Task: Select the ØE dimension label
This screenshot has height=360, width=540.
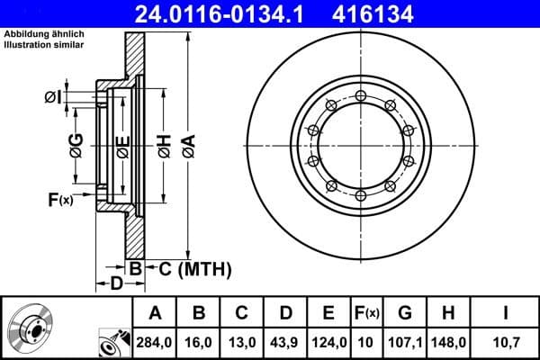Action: (x=123, y=146)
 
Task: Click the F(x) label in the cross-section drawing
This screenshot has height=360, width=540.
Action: (x=59, y=200)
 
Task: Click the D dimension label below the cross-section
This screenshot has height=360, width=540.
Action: (x=115, y=284)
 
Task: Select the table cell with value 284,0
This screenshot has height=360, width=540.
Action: (x=155, y=343)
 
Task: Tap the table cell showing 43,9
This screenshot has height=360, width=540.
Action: (x=285, y=343)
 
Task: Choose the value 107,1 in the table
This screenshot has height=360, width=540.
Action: (x=404, y=343)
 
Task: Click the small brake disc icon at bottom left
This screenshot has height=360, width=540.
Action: (x=28, y=328)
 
